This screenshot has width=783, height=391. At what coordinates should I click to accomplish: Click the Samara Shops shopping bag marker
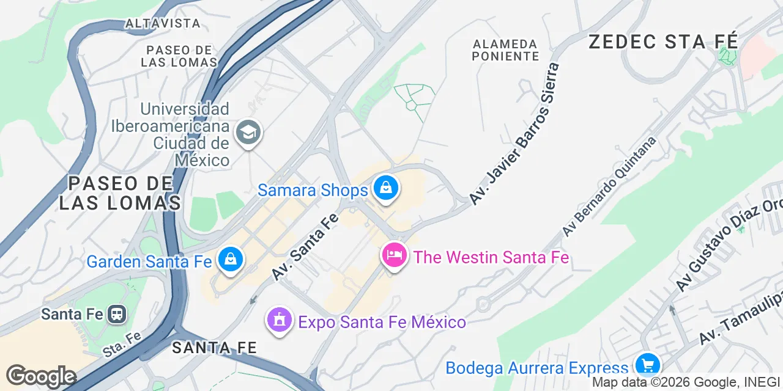pyautogui.click(x=386, y=189)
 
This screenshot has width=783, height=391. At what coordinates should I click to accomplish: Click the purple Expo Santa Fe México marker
pyautogui.click(x=280, y=320)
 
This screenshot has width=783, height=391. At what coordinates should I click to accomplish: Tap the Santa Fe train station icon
pyautogui.click(x=116, y=314)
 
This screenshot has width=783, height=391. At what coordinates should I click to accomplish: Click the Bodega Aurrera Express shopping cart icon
pyautogui.click(x=647, y=365)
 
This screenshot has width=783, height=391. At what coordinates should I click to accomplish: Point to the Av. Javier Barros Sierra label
pyautogui.click(x=514, y=134)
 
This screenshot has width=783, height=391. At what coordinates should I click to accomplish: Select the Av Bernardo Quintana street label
pyautogui.click(x=609, y=186)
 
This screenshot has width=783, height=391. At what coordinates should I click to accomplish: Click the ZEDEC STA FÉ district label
pyautogui.click(x=663, y=42)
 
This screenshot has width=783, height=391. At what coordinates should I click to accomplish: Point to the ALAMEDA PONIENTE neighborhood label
pyautogui.click(x=505, y=50)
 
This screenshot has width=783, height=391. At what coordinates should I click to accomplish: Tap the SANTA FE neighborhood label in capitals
pyautogui.click(x=213, y=348)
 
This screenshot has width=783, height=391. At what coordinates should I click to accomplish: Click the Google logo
pyautogui.click(x=41, y=376)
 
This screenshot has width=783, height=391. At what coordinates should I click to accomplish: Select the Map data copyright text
pyautogui.click(x=685, y=382)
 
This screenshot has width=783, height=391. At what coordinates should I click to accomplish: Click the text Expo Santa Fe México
pyautogui.click(x=382, y=321)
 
